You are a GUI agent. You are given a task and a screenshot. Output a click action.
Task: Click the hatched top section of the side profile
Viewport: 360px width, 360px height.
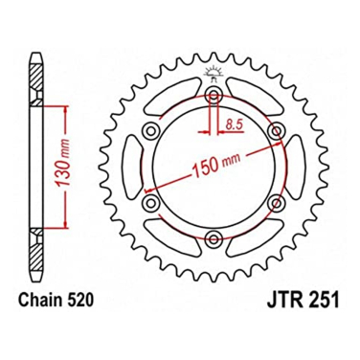pyautogui.click(x=35, y=71)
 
